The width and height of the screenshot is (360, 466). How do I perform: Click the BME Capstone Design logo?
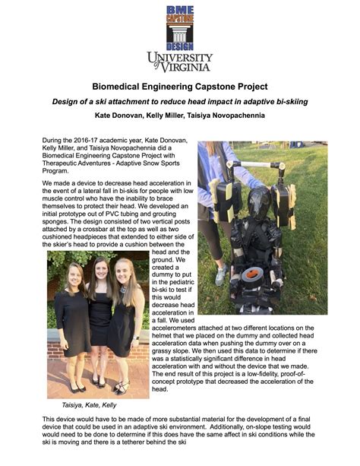point(179,27)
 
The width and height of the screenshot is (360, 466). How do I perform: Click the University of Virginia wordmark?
point(179,62)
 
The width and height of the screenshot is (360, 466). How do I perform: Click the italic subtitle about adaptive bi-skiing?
point(180,102)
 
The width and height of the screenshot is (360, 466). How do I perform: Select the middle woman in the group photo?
point(99,319)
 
